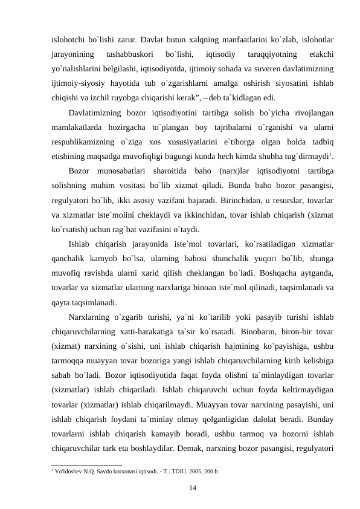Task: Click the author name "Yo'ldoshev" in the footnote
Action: point(71,470)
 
